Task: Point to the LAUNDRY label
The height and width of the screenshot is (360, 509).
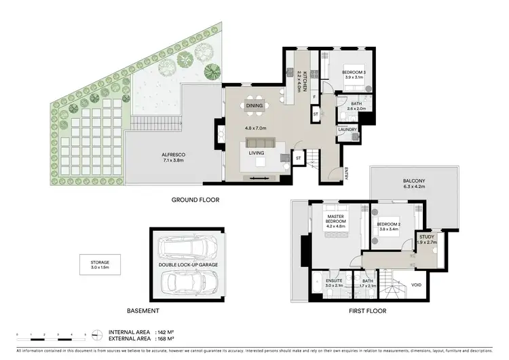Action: point(347,128)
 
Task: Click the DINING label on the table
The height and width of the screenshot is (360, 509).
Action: point(254,106)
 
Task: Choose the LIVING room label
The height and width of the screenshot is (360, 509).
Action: point(257,153)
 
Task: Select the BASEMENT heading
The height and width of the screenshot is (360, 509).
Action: point(144,310)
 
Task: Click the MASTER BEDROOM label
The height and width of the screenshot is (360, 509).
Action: point(336,221)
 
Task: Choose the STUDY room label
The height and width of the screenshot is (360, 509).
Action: point(426,237)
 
